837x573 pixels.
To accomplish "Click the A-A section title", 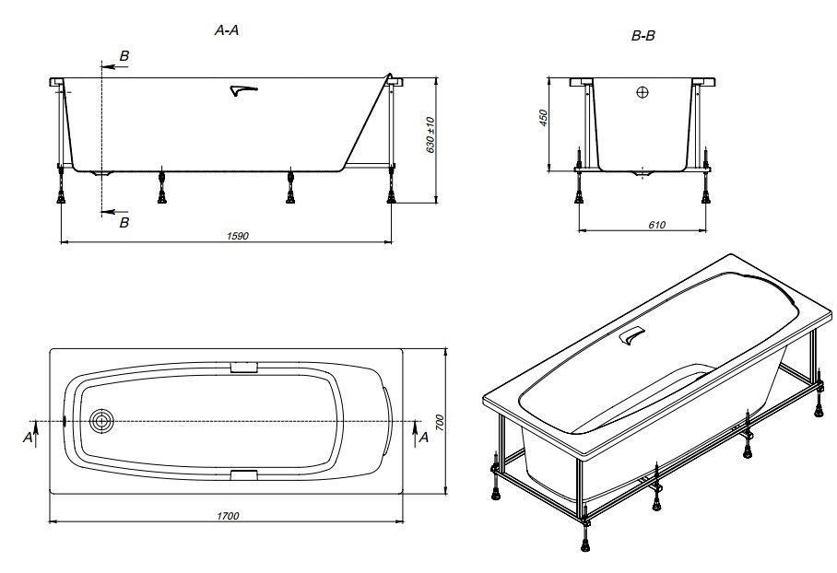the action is [x=227, y=30].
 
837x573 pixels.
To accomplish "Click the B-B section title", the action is [x=642, y=36].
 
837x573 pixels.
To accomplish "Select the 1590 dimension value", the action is [x=238, y=235].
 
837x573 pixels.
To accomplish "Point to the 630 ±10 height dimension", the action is [x=430, y=135].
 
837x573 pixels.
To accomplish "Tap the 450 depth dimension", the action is [x=544, y=118].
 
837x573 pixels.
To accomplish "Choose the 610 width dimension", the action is [x=656, y=225].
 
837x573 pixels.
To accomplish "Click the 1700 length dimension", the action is [x=228, y=516].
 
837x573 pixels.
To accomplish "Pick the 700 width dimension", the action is [x=440, y=423].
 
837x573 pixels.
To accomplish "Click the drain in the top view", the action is [x=100, y=422].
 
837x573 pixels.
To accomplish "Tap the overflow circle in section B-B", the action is [x=642, y=92].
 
